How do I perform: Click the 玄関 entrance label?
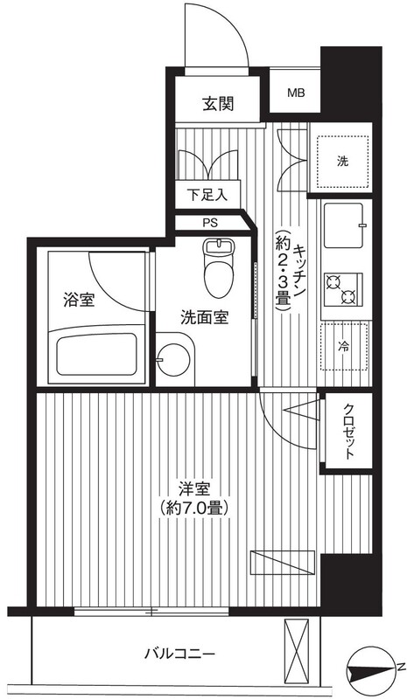[218, 104]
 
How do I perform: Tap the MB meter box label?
[296, 93]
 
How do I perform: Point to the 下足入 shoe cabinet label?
[207, 195]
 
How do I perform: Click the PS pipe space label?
[210, 223]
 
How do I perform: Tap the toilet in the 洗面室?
[219, 267]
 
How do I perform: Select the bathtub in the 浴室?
[96, 355]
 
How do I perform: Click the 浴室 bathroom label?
[79, 300]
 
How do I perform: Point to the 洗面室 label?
[205, 317]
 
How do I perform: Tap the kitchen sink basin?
[343, 225]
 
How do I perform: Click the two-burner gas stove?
[343, 290]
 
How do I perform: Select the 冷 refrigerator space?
[344, 346]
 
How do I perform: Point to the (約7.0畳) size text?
[194, 508]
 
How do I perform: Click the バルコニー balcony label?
[180, 654]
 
